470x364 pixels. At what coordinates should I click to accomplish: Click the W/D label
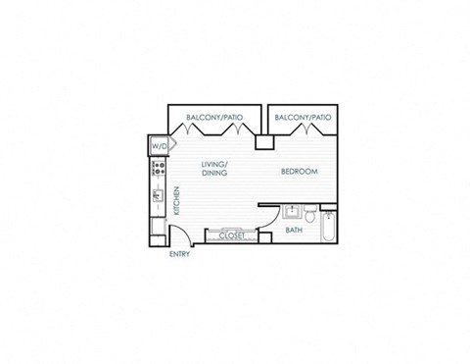(159, 146)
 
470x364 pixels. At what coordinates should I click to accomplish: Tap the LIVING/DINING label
(214, 168)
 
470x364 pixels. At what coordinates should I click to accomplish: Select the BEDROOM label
(299, 172)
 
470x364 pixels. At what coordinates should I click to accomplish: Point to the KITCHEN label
(176, 201)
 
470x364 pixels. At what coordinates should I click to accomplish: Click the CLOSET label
(231, 235)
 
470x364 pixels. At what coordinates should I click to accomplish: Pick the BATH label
(294, 231)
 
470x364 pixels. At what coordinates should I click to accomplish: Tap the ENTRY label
(179, 254)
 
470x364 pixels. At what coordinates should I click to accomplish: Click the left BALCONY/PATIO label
(214, 118)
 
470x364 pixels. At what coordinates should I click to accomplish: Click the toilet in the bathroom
(309, 213)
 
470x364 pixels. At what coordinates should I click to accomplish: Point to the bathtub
(329, 228)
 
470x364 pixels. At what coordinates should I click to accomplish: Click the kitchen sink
(157, 197)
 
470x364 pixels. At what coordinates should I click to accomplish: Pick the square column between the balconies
(262, 142)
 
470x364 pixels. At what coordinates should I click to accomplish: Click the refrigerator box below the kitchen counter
(158, 229)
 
